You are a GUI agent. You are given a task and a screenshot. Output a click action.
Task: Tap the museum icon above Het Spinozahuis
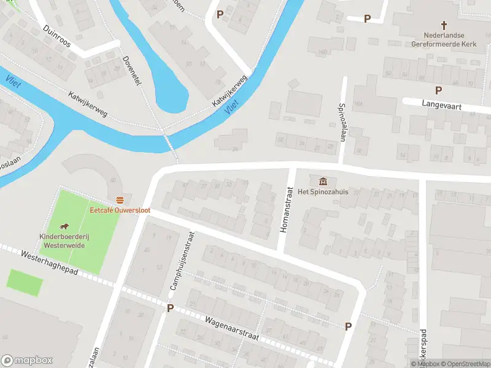point(323,181)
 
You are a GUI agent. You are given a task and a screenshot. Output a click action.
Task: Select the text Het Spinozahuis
point(323,192)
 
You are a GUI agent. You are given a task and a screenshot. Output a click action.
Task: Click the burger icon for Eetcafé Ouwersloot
point(120,200)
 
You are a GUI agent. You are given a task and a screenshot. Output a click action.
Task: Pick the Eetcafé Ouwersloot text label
point(120,210)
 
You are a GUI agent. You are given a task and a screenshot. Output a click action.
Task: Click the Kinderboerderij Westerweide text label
point(62,240)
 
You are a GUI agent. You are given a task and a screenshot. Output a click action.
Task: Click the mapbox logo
point(27,361)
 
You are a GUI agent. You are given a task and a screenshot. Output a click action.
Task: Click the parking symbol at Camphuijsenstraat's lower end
point(170,308)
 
